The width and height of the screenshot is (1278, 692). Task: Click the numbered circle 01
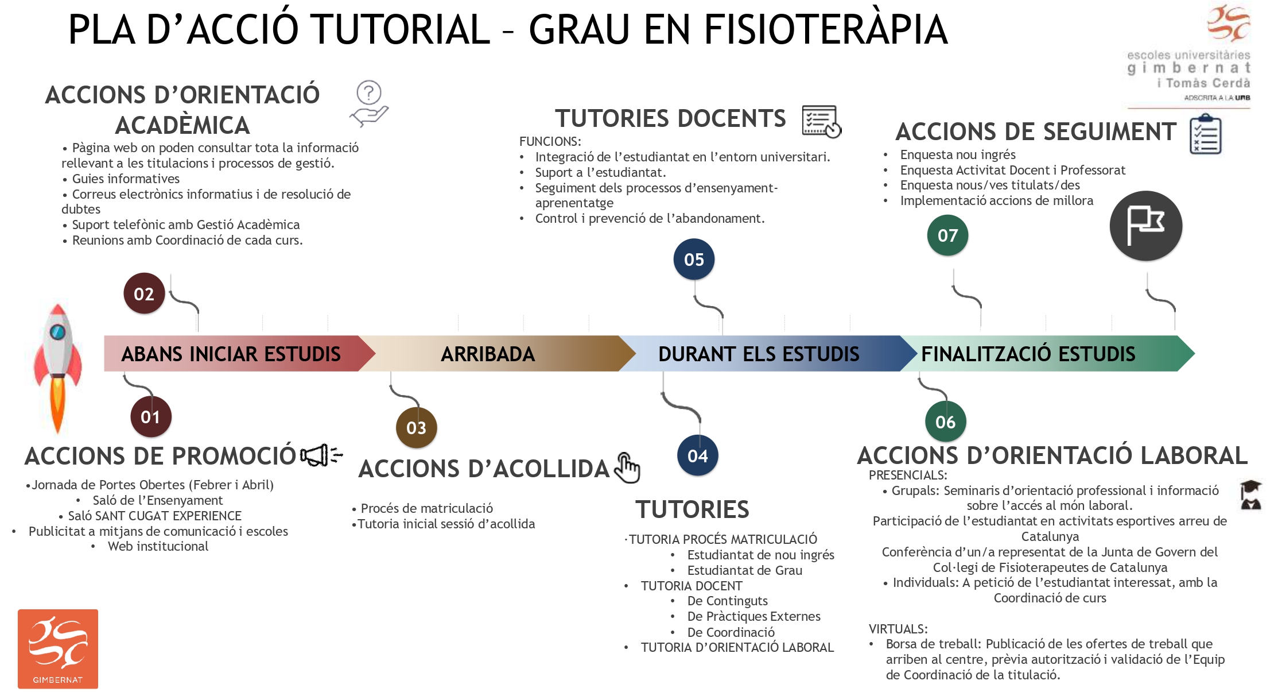[x=150, y=416]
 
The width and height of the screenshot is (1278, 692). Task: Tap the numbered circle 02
[x=144, y=293]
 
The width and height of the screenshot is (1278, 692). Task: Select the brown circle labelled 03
[x=416, y=427]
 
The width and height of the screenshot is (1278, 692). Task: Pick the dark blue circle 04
[x=698, y=456]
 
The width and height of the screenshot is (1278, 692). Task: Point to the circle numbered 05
[x=694, y=260]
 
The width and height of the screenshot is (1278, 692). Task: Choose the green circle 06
[x=945, y=422]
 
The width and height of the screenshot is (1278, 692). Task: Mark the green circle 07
[x=947, y=235]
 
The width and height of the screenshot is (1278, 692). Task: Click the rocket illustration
[x=57, y=368]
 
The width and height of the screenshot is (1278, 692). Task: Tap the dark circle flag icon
[x=1145, y=226]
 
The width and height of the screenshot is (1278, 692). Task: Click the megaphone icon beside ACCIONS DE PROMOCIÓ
[x=321, y=455]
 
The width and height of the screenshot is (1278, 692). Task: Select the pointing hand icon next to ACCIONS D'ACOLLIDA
[x=627, y=468]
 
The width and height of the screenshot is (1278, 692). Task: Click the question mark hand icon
[x=369, y=103]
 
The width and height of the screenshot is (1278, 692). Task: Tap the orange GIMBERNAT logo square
[x=58, y=649]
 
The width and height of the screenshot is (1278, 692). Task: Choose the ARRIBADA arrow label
[x=488, y=354]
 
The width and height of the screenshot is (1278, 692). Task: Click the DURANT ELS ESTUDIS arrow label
[x=759, y=354]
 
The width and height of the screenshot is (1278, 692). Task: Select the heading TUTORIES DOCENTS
[x=670, y=119]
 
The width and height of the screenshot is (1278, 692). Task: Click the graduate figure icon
[x=1251, y=495]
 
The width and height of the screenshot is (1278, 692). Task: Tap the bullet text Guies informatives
[x=126, y=179]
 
